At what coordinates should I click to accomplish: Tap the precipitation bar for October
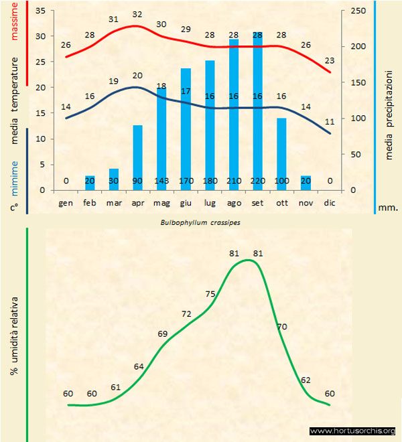point(281,151)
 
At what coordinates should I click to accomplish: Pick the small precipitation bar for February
point(90,183)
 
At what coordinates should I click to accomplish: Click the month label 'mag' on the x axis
point(161,202)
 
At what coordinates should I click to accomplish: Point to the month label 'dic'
point(329,202)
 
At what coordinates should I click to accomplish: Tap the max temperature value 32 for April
point(137,14)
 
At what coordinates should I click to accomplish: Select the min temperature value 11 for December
point(329,122)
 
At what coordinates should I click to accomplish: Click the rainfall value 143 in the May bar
point(161,181)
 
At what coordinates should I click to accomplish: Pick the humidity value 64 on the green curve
point(139,366)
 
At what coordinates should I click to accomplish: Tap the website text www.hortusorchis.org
point(352,431)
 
